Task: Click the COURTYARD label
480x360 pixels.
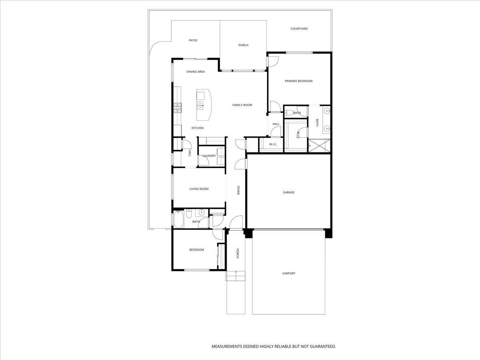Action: [x=299, y=29]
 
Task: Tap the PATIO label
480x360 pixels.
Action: [x=193, y=40]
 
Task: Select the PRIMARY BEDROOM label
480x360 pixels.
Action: [x=298, y=81]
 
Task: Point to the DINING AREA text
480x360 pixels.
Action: [x=196, y=72]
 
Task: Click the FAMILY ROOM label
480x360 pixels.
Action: [x=242, y=105]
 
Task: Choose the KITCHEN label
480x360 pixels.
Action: [x=197, y=128]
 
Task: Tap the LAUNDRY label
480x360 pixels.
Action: [x=209, y=156]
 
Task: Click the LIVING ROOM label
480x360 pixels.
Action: [x=199, y=189]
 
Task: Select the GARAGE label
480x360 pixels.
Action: [x=288, y=192]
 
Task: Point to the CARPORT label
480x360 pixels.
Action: [x=288, y=274]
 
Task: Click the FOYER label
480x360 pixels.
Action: [x=238, y=190]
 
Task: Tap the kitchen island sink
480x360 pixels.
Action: [x=200, y=105]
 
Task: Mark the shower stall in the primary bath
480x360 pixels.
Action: [x=319, y=145]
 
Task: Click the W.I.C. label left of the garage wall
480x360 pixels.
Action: [x=273, y=144]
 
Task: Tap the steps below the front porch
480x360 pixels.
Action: [x=236, y=276]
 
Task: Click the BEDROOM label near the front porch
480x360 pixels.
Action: [x=196, y=250]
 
